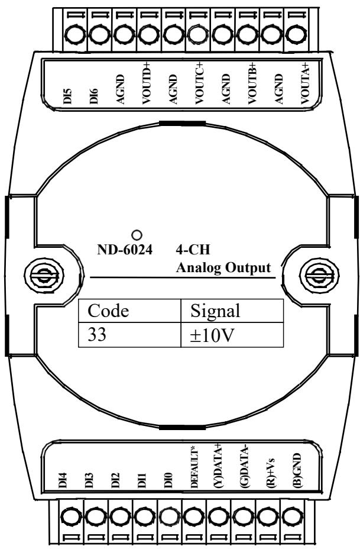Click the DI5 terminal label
(x=68, y=96)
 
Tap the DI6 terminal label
(x=94, y=96)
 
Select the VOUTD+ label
(x=146, y=84)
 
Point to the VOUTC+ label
(x=199, y=84)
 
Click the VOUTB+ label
(x=252, y=84)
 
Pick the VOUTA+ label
(x=306, y=84)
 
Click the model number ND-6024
(x=125, y=250)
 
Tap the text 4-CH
(x=193, y=250)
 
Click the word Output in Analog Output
(x=248, y=268)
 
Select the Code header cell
(x=129, y=311)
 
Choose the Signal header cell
(x=232, y=311)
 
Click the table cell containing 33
(x=129, y=335)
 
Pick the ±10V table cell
(x=232, y=335)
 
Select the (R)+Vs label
(x=270, y=472)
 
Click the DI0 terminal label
(x=168, y=480)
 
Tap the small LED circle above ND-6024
(x=137, y=235)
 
